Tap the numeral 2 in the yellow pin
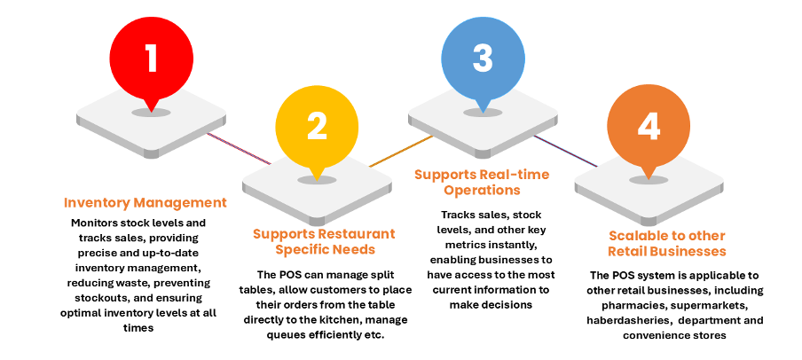318,126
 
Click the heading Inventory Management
145,202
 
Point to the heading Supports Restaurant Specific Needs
324,241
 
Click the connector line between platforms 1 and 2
239,148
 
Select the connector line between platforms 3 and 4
566,148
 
